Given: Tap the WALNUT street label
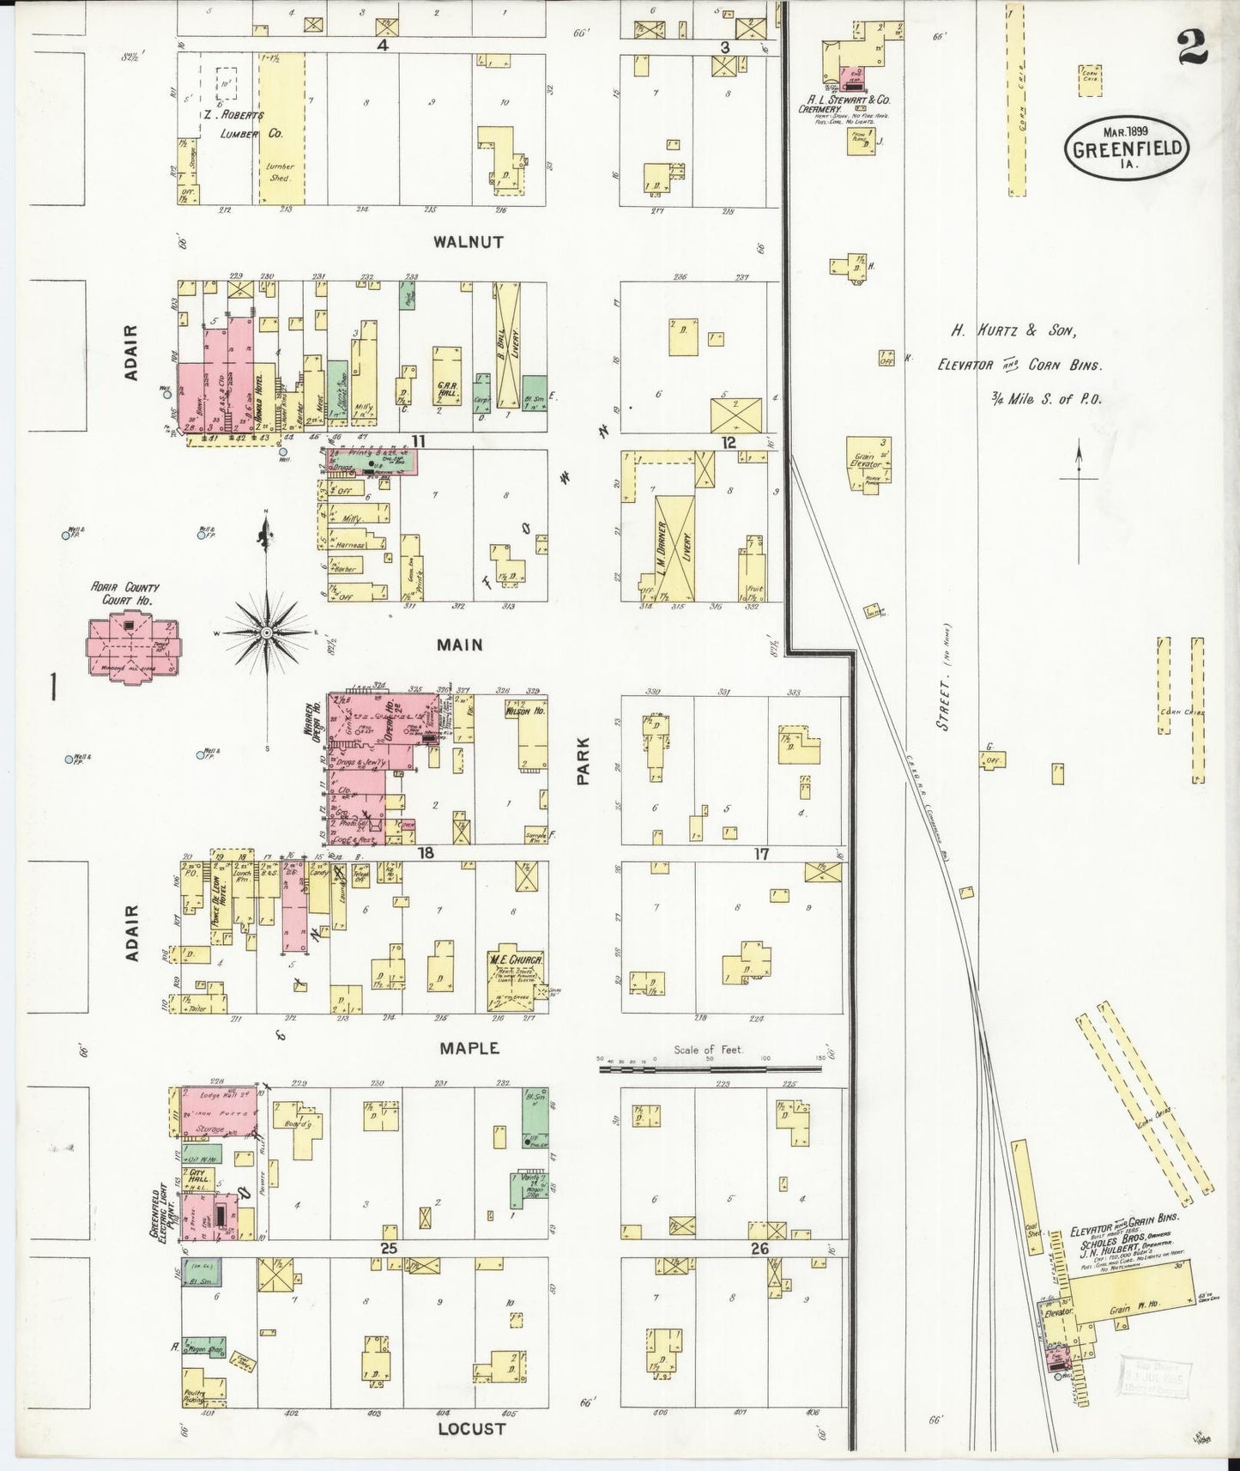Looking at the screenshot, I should [468, 243].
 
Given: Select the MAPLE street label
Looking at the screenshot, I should [469, 1048].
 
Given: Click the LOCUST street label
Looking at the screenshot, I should [471, 1429].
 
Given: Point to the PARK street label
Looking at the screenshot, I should [584, 760].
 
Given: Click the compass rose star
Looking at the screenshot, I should [267, 632].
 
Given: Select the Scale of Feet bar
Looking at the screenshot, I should [712, 1068].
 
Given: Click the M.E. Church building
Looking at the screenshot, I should [513, 980].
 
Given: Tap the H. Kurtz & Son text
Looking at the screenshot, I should [1013, 330].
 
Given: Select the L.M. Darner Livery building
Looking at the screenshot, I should [674, 548].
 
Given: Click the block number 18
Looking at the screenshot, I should [425, 853].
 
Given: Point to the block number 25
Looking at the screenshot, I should [389, 1248].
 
